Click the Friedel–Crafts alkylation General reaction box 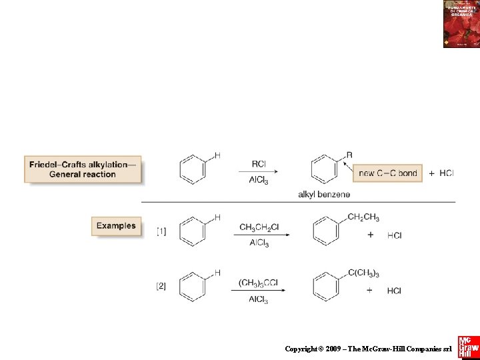83,169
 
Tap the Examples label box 116,226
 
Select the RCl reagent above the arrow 259,163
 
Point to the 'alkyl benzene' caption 324,194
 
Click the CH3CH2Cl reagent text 259,228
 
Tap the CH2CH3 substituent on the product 363,217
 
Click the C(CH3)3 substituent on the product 363,273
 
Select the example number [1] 161,231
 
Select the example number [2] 161,286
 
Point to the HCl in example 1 394,235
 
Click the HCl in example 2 394,291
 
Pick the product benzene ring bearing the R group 325,169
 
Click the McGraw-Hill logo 468,347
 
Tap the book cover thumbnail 461,24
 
